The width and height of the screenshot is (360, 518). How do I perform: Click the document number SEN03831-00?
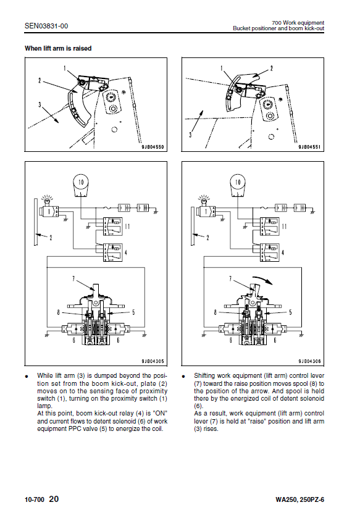pos(46,26)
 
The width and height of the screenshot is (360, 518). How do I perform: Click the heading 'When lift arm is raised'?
pos(58,49)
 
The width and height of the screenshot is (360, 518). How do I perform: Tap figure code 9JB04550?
pos(153,147)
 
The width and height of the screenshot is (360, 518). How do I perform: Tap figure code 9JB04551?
pos(309,147)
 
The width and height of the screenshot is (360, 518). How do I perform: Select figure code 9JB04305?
pos(153,361)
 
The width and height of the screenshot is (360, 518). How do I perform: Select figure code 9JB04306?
pos(309,361)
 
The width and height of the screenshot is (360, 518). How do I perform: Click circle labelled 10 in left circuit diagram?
pos(81,182)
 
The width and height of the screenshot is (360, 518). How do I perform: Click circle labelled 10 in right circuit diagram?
pos(238,182)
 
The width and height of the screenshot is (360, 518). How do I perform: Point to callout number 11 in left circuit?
pos(127,227)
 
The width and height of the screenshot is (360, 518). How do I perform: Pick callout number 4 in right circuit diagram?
pos(283,253)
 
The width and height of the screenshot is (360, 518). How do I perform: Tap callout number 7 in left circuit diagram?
pos(73,278)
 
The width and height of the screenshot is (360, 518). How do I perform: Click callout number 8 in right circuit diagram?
pos(216,312)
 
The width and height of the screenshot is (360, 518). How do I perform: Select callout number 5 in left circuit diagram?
pos(134,312)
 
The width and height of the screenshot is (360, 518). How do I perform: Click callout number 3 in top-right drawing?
pos(190,135)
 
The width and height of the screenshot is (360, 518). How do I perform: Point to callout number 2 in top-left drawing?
pos(40,80)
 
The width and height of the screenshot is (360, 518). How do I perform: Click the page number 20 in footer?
pos(54,499)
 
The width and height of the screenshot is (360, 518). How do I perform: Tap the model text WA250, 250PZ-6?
pos(300,499)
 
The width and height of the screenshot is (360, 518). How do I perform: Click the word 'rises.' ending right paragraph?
pos(211,429)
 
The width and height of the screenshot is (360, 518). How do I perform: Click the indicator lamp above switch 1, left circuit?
pos(47,199)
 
